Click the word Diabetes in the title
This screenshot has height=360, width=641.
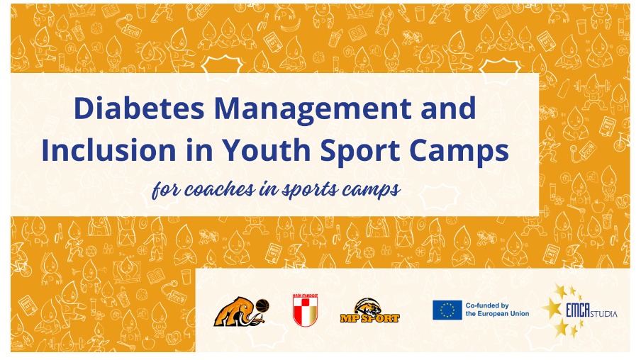(139, 108)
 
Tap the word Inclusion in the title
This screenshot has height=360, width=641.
(108, 150)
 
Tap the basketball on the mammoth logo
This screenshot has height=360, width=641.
(262, 305)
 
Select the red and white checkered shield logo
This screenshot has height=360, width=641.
(306, 310)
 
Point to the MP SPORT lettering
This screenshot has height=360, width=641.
(370, 318)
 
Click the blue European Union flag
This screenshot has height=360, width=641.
(447, 310)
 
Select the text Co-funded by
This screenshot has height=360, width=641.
(487, 305)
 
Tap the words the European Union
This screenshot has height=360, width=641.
(497, 314)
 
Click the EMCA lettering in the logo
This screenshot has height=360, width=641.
(578, 311)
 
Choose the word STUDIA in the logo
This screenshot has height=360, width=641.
(604, 314)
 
